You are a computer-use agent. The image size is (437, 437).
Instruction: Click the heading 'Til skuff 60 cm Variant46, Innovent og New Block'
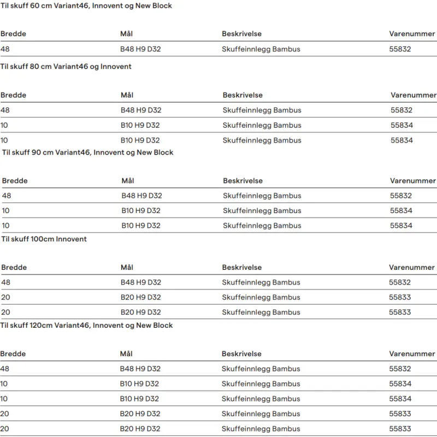86,5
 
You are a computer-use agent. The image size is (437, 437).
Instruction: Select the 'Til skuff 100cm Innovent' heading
44,239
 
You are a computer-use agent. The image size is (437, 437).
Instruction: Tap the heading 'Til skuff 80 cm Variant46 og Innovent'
66,66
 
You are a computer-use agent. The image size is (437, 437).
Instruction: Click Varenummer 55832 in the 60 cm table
400,49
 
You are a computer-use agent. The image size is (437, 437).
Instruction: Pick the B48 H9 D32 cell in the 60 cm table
140,49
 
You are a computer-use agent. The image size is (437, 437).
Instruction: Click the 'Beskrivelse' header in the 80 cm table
243,95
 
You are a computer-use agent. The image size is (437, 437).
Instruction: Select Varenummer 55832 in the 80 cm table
401,110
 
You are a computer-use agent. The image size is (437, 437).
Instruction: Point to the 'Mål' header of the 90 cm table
128,181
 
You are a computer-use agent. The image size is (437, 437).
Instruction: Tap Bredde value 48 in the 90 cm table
7,196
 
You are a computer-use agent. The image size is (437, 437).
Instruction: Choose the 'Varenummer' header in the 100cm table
412,268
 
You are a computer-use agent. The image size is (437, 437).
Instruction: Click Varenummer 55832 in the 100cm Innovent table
400,282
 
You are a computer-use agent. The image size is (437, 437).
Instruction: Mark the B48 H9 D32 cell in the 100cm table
140,282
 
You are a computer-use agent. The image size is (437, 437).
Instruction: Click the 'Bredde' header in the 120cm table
13,354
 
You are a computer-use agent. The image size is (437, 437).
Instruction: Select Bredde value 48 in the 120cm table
5,369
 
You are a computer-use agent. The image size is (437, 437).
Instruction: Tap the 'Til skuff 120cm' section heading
87,325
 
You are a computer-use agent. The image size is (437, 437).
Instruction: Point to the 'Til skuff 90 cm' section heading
87,152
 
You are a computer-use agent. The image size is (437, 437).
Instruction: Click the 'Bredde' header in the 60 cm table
13,34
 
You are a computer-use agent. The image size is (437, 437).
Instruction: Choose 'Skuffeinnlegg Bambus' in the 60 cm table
261,49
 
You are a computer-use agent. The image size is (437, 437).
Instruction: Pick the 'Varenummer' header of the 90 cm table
413,181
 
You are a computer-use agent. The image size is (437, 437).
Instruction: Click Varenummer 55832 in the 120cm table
400,369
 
